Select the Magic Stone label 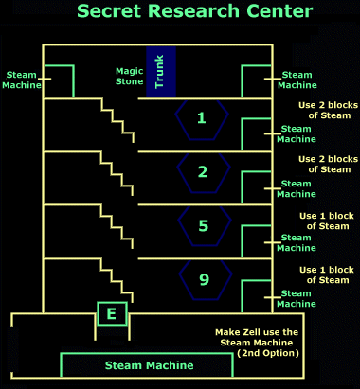[129, 76]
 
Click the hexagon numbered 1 [201, 118]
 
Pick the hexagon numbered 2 [201, 171]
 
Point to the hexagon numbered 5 [201, 226]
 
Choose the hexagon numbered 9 [201, 280]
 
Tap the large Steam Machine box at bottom [150, 365]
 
